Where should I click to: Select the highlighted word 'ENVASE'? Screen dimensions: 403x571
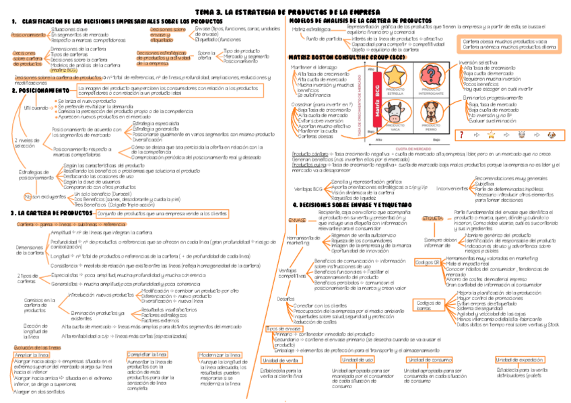point(296,219)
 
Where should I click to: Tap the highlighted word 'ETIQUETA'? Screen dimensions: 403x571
point(432,219)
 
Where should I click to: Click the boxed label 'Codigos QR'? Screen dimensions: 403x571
point(428,262)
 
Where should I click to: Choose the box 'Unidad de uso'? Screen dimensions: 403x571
point(352,360)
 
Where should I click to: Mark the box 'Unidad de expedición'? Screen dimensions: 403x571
point(523,360)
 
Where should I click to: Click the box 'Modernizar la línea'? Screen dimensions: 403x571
point(220,354)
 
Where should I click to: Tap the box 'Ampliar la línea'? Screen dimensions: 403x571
point(32,354)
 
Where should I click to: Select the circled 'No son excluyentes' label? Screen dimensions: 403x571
point(38,196)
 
